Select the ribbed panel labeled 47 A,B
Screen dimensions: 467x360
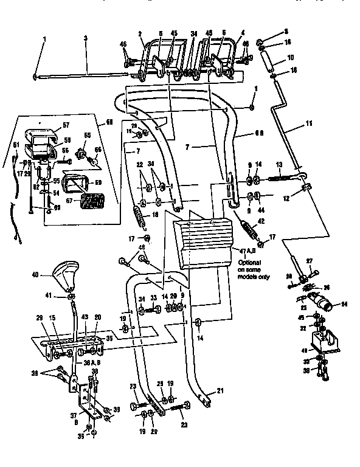pos(204,238)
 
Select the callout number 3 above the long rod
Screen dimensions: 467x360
pos(86,38)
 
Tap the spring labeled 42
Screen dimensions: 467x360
pos(247,231)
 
